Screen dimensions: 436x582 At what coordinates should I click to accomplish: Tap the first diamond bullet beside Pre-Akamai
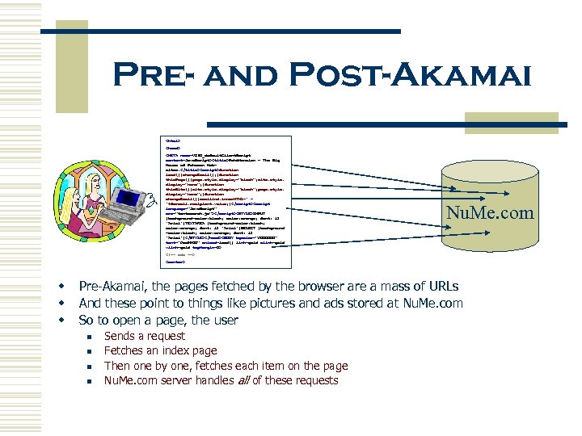coord(60,287)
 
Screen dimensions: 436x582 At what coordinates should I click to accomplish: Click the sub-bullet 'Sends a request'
coord(145,336)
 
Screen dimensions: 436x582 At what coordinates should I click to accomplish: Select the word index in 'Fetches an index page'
coord(176,350)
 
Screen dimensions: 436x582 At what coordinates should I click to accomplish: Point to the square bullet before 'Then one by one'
coord(92,366)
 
